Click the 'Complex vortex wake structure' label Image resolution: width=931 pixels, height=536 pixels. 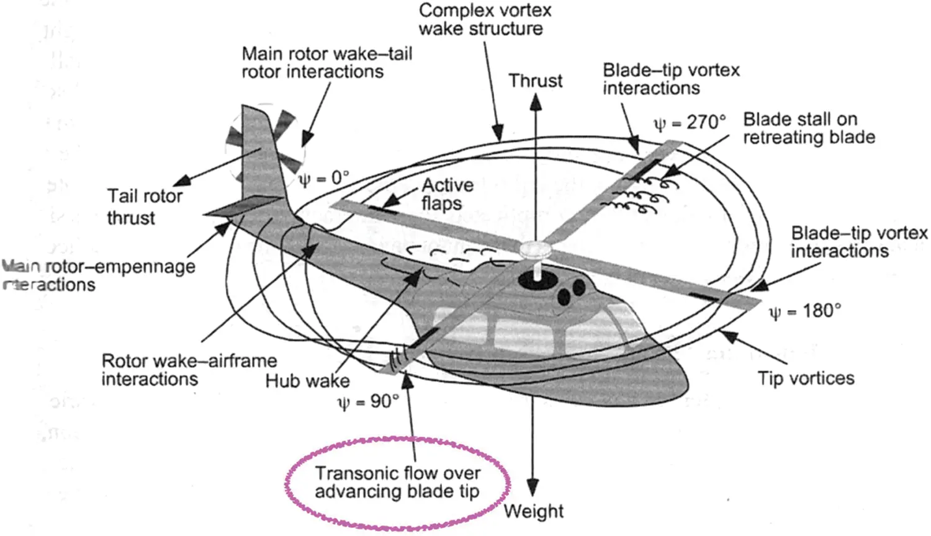484,20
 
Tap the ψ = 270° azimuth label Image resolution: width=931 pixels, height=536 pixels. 690,123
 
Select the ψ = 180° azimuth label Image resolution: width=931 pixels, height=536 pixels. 805,311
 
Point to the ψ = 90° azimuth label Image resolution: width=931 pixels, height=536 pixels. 368,402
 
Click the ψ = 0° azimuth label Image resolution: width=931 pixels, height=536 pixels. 324,179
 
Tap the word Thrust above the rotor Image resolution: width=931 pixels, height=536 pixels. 536,81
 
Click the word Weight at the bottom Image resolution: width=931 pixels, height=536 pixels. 533,511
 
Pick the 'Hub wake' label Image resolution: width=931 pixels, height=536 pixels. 307,380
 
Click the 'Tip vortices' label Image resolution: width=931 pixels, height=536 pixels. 806,378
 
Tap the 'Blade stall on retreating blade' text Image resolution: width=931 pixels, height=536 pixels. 809,128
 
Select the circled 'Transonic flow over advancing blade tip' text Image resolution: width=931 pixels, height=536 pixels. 397,483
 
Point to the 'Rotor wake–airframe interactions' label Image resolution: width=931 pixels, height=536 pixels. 189,370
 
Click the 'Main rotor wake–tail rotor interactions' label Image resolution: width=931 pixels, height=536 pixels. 326,63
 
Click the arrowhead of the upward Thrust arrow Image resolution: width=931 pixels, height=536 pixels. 536,102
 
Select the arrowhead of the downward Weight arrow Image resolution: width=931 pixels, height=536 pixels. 533,488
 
